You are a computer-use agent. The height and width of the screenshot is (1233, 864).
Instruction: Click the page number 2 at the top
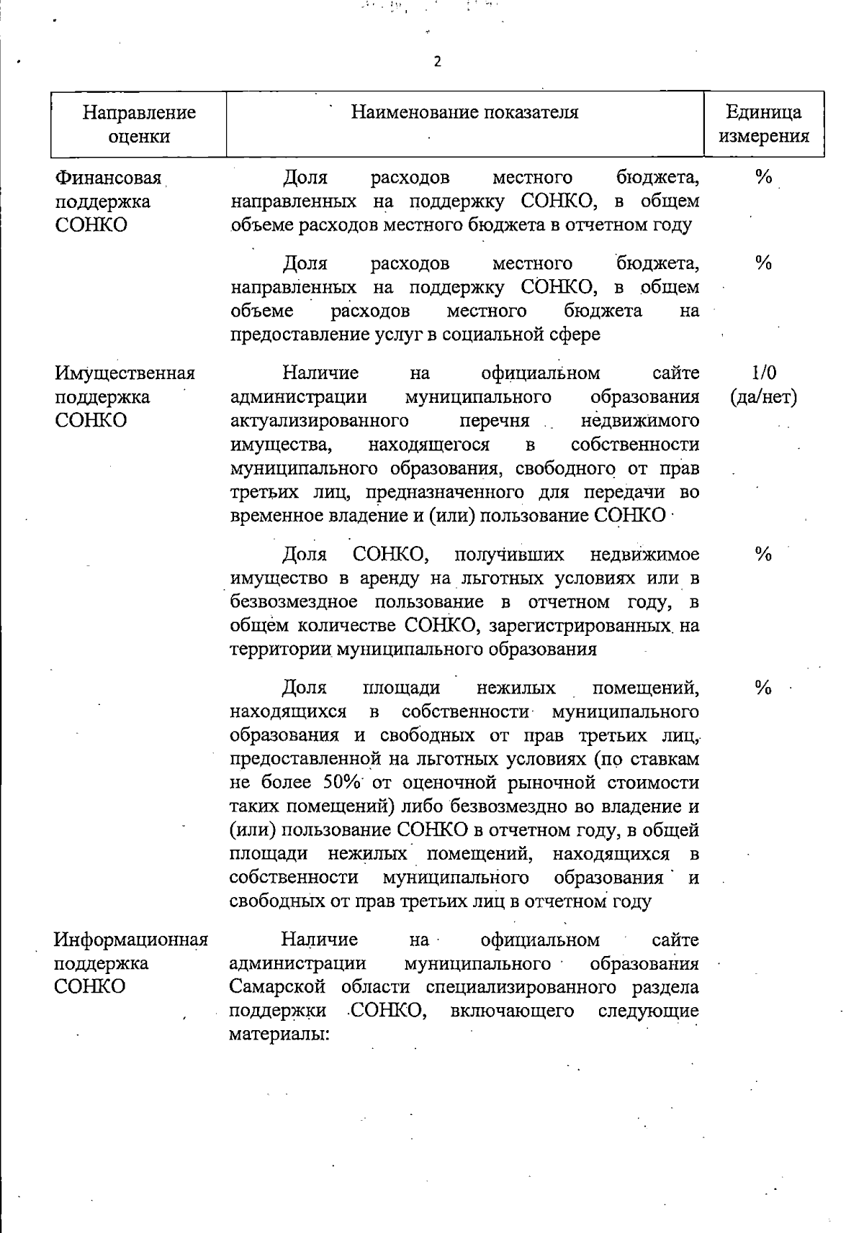(437, 62)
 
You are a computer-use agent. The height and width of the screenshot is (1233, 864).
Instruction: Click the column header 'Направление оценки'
(138, 124)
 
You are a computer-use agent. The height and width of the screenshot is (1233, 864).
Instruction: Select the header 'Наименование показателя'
(464, 112)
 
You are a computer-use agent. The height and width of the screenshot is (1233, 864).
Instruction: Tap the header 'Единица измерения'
(764, 124)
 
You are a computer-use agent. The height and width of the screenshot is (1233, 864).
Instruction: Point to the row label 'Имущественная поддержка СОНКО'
(125, 396)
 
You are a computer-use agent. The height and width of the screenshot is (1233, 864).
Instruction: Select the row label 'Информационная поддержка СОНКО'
(130, 963)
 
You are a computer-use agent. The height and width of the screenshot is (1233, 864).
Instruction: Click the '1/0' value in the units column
(763, 373)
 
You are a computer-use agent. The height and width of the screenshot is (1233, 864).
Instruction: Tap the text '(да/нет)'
(763, 396)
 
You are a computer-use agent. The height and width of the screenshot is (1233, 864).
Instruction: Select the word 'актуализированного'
(320, 420)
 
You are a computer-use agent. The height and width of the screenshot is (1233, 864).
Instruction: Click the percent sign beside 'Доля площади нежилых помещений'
(763, 688)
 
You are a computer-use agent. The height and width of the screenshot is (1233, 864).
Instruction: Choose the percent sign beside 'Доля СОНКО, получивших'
(763, 554)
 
